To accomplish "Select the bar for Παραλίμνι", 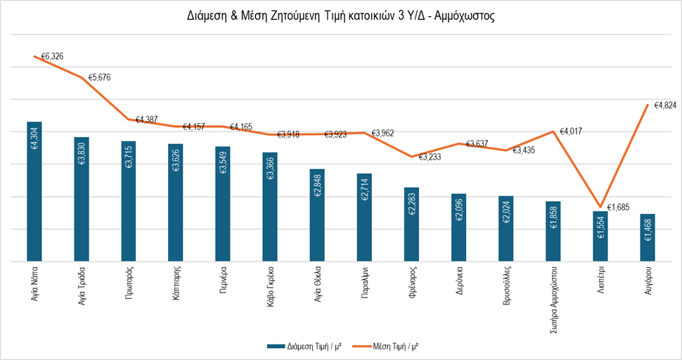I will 364,217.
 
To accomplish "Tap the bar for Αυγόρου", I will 648,238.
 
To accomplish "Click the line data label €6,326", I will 52,55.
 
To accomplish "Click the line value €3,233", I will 431,157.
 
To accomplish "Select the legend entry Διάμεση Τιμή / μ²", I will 307,346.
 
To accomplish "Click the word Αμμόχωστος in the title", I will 464,16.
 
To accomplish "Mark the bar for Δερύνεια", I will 458,227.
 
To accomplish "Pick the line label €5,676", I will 101,78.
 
